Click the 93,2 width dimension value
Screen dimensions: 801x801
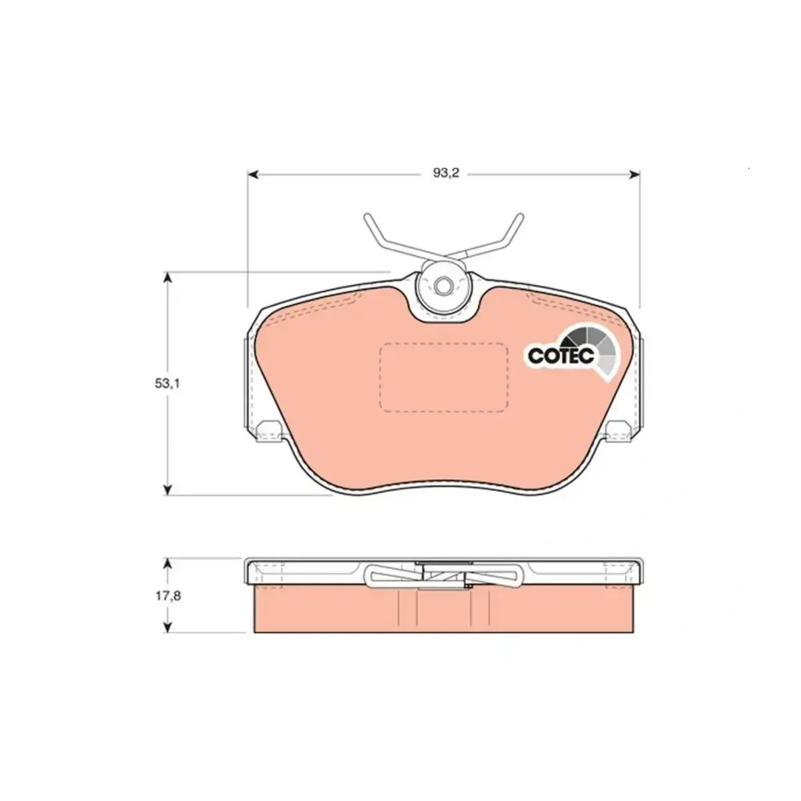(x=446, y=173)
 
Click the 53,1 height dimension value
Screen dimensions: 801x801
(x=167, y=384)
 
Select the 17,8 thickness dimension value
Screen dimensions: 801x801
(x=168, y=595)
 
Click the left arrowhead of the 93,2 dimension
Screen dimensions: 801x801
(x=252, y=174)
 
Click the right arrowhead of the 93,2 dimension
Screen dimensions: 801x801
(x=634, y=174)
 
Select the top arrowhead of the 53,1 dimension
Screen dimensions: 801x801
(x=167, y=278)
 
